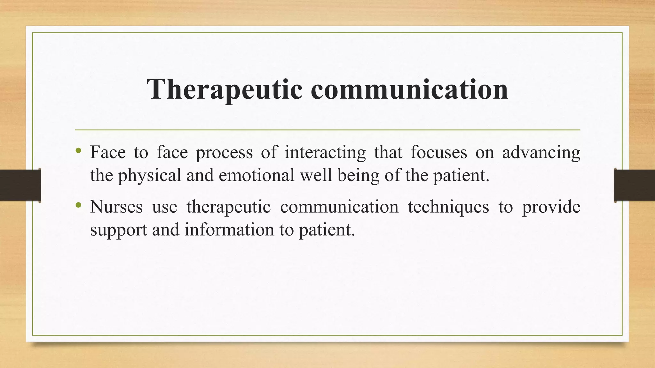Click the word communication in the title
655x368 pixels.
pos(409,89)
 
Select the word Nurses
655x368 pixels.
pos(116,207)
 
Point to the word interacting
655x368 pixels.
pos(325,152)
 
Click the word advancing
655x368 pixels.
pos(541,152)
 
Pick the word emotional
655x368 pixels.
pos(256,175)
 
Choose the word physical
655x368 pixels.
pos(150,176)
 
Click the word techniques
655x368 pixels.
pos(448,207)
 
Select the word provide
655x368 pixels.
pos(551,207)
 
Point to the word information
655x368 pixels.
pos(229,229)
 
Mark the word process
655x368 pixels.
pos(224,153)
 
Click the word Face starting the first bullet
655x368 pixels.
pos(108,152)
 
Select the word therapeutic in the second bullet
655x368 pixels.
pos(228,207)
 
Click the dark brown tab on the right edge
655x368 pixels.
pos(635,185)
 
